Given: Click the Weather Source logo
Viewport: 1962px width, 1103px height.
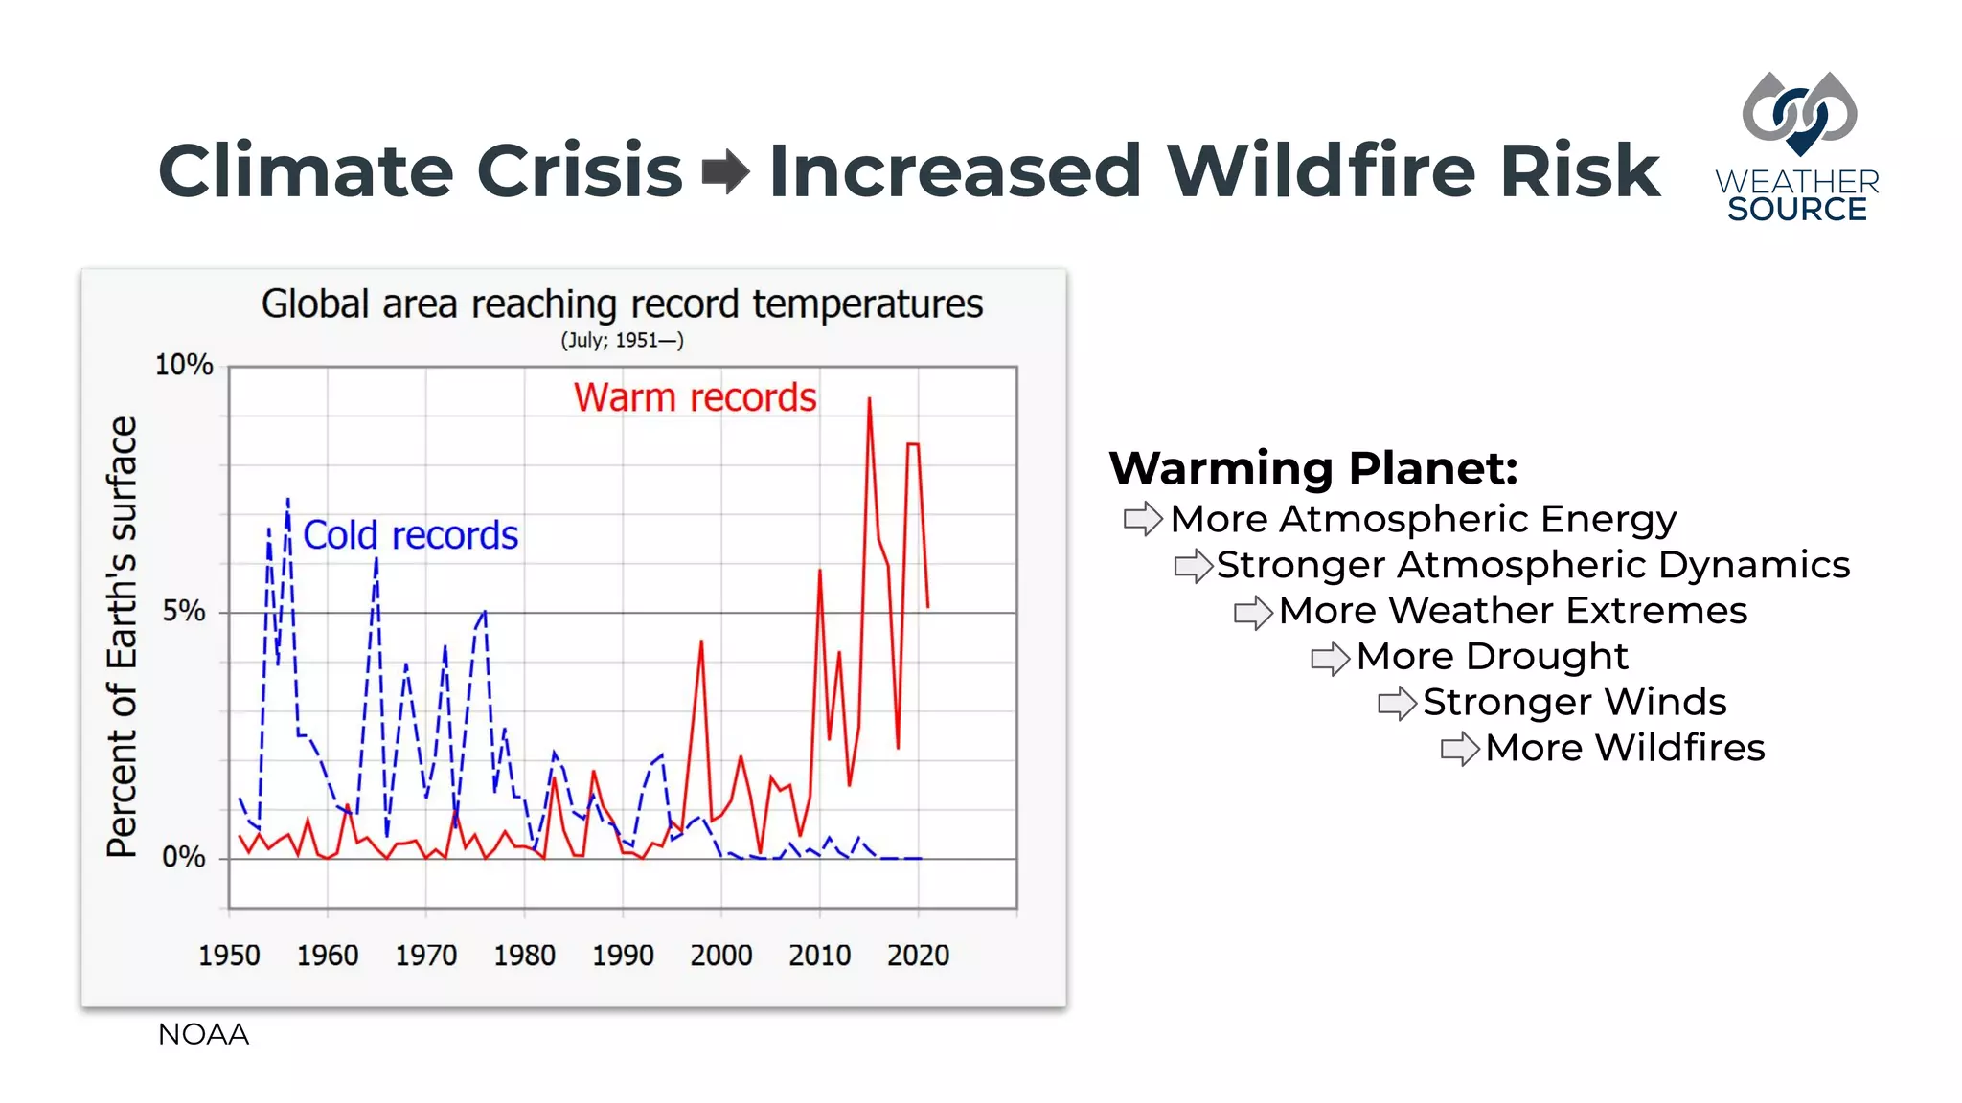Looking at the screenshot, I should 1797,148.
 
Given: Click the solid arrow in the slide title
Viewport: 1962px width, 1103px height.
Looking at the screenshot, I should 725,171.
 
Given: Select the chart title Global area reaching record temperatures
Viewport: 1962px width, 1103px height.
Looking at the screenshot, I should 622,304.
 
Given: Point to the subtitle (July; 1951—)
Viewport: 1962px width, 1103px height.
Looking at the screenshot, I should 622,341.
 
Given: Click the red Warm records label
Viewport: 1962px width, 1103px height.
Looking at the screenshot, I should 695,397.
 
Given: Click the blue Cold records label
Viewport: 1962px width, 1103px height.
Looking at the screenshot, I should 410,535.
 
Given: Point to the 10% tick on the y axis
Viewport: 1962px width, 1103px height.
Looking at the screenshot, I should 184,365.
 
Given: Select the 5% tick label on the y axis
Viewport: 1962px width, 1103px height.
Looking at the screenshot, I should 184,611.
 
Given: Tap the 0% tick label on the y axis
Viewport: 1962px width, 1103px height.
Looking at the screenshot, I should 184,857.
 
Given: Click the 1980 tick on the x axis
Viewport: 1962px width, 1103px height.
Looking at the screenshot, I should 524,955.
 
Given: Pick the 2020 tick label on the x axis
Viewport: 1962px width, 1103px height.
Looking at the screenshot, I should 918,955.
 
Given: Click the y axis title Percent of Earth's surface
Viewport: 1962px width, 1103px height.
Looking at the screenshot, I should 123,637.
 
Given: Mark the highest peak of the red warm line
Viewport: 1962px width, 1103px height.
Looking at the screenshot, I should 869,400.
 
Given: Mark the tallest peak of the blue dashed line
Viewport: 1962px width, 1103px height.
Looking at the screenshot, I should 287,501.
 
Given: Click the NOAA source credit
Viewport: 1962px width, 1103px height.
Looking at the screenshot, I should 203,1034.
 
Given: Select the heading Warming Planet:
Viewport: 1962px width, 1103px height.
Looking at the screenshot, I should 1313,468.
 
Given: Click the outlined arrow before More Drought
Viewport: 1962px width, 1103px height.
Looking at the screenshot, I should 1331,658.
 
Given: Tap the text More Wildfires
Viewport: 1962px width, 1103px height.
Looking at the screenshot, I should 1625,748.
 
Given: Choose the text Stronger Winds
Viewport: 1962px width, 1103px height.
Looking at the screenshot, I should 1574,702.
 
